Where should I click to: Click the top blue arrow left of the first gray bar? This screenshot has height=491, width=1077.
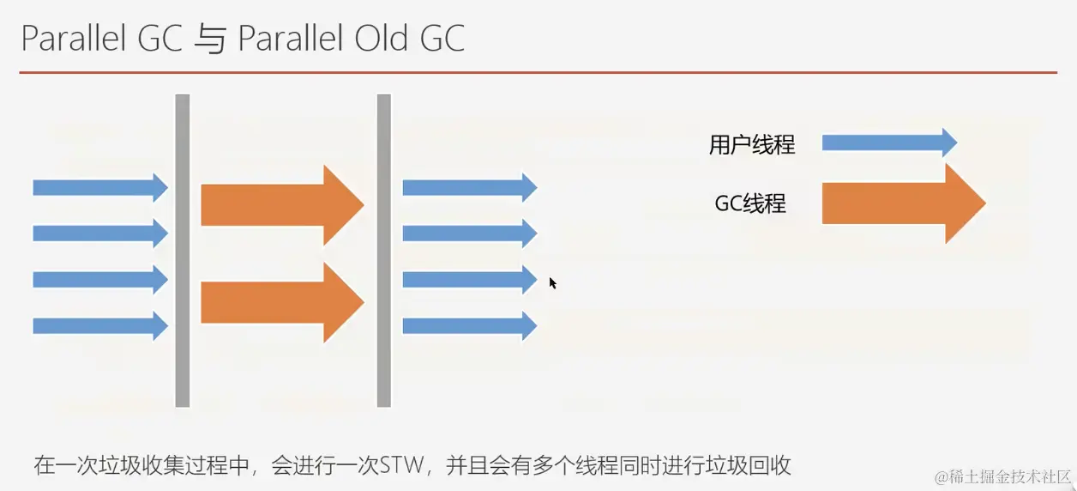pyautogui.click(x=100, y=187)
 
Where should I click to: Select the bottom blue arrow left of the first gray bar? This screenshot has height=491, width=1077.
pyautogui.click(x=100, y=326)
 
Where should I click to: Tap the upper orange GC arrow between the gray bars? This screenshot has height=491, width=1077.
pyautogui.click(x=282, y=205)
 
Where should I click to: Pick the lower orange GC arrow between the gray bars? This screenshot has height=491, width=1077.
pyautogui.click(x=282, y=302)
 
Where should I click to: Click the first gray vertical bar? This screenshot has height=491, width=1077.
pyautogui.click(x=183, y=251)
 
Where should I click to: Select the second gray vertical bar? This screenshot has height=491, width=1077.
pyautogui.click(x=383, y=251)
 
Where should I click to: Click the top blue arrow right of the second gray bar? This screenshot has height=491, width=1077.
pyautogui.click(x=470, y=187)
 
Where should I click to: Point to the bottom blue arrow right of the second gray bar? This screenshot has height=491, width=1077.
pyautogui.click(x=470, y=326)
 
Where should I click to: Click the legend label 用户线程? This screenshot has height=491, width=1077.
pyautogui.click(x=752, y=144)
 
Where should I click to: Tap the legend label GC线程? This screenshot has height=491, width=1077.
pyautogui.click(x=750, y=203)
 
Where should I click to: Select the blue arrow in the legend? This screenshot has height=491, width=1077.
pyautogui.click(x=889, y=142)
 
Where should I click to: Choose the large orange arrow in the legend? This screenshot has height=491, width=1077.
pyautogui.click(x=904, y=203)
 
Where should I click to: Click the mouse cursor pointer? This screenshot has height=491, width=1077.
pyautogui.click(x=552, y=283)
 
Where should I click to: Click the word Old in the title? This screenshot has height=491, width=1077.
pyautogui.click(x=381, y=38)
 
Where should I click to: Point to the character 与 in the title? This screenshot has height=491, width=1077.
pyautogui.click(x=210, y=39)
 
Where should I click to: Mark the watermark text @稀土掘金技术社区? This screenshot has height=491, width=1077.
pyautogui.click(x=1003, y=476)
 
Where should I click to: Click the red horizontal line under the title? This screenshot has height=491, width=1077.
pyautogui.click(x=538, y=73)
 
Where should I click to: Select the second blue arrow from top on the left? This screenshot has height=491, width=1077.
pyautogui.click(x=100, y=233)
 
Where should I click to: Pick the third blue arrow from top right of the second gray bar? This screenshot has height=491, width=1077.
pyautogui.click(x=470, y=280)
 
